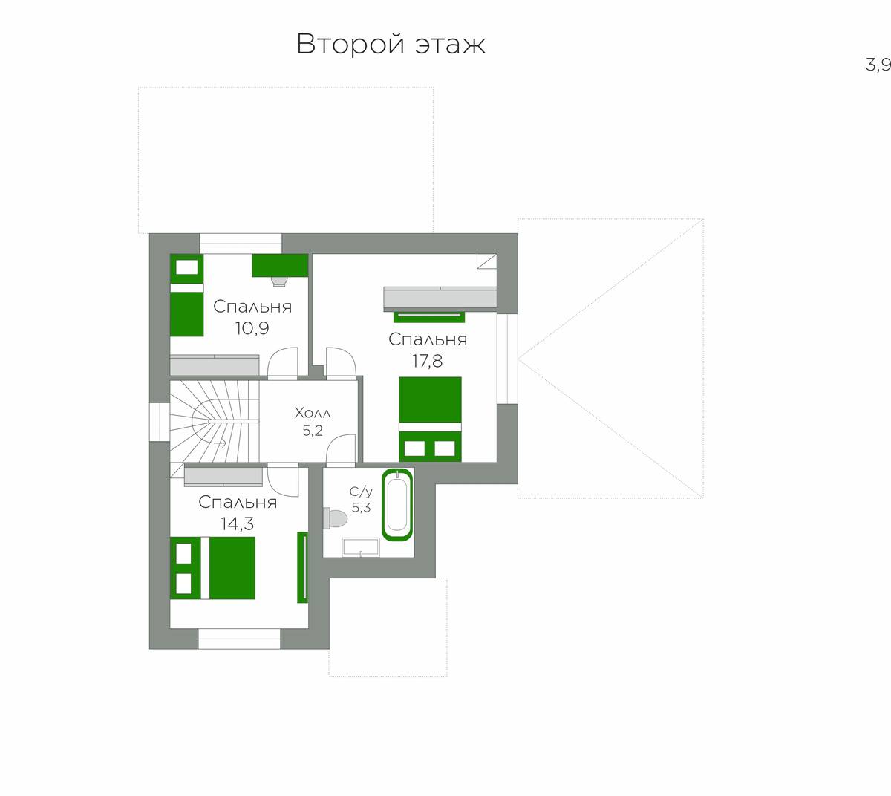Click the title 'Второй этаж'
[391, 45]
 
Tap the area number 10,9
[252, 328]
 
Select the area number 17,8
[428, 361]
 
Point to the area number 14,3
[237, 523]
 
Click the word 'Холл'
[313, 413]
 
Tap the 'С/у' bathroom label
[361, 492]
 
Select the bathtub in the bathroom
[397, 504]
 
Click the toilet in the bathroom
[335, 518]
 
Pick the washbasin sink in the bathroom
[361, 547]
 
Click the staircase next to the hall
[215, 421]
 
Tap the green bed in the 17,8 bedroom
[430, 419]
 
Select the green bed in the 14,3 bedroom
[213, 568]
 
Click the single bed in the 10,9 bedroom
[187, 295]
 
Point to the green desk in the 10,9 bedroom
[280, 266]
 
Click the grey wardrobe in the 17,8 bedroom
[440, 297]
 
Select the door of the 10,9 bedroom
[283, 363]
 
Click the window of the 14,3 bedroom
[239, 639]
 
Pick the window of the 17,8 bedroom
[508, 359]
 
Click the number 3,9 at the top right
[878, 65]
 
